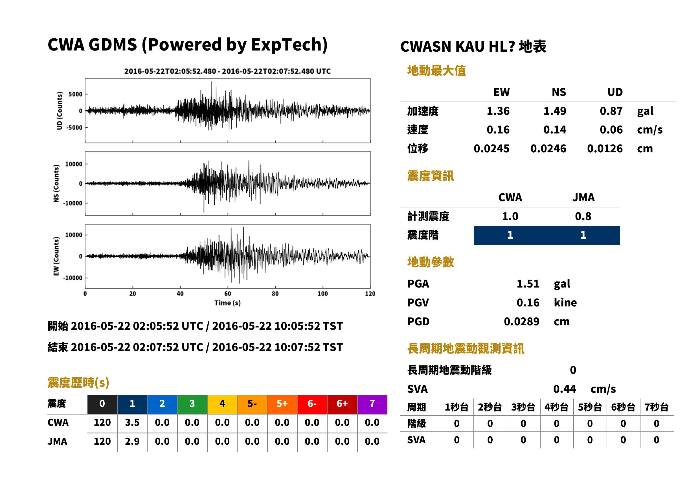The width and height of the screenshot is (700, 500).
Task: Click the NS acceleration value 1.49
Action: [554, 111]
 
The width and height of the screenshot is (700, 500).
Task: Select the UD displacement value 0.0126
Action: [605, 149]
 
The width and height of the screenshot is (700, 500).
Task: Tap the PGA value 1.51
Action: [528, 284]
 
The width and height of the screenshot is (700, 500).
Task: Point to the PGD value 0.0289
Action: [521, 321]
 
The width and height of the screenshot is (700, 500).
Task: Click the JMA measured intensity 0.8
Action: [583, 216]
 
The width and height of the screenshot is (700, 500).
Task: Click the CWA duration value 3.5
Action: [132, 422]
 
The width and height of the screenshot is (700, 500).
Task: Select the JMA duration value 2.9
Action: [132, 441]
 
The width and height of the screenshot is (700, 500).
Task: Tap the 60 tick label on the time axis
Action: [227, 294]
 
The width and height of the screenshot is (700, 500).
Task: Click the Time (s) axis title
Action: [227, 303]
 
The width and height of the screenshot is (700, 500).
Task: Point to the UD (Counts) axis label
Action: [60, 111]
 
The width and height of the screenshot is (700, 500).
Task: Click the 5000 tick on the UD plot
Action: [75, 94]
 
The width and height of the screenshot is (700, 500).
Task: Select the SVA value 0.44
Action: [565, 389]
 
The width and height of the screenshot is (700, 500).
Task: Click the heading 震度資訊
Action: [430, 176]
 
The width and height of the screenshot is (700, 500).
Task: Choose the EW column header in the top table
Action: [501, 92]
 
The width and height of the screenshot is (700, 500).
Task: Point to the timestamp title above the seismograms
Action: [227, 71]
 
